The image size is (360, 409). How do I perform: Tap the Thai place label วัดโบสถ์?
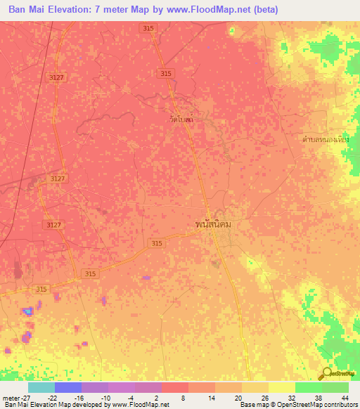tap(181, 119)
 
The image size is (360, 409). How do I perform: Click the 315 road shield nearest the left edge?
tap(42, 289)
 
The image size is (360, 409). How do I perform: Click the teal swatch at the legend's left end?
tap(41, 387)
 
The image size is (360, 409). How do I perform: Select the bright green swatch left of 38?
tap(308, 387)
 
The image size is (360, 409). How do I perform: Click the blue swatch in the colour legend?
tap(67, 387)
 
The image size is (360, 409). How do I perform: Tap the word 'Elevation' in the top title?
tap(66, 9)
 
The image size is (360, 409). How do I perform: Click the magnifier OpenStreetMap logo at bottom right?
tap(325, 373)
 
